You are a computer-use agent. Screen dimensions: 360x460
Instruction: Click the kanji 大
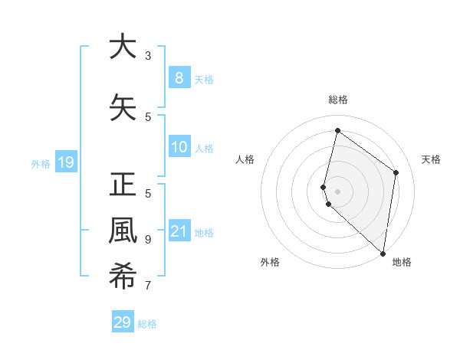coord(122,47)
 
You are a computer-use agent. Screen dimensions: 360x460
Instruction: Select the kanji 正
coord(122,185)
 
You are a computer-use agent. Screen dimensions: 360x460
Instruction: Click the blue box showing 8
coord(179,77)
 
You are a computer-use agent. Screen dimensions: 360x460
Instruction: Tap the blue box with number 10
coord(179,147)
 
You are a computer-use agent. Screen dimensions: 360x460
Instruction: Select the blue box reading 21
coord(179,231)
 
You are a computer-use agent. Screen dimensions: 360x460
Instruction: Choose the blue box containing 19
coord(65,162)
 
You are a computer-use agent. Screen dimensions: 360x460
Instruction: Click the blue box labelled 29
coord(122,322)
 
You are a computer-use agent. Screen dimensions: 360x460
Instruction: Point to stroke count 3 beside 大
coord(148,56)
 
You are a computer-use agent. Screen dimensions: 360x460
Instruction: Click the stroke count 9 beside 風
coord(148,239)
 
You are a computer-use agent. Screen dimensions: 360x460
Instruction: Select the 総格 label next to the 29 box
coord(147,324)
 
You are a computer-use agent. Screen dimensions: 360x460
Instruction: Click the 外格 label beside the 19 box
coord(40,163)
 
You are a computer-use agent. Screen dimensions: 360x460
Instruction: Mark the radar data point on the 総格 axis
coord(337,130)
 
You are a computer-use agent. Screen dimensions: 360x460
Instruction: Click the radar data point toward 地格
coord(383,253)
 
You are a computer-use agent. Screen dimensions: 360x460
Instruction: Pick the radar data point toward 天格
coord(396,172)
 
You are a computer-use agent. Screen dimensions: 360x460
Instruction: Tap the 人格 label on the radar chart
coord(245,159)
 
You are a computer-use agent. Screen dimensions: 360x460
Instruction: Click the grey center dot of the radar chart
coord(337,191)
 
